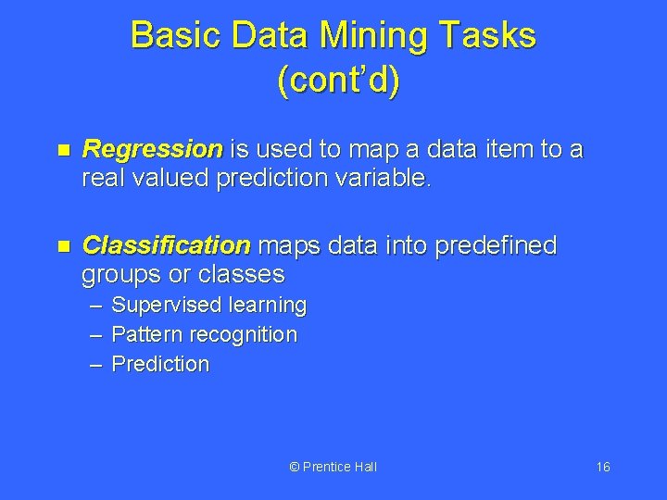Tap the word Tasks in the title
pos(490,35)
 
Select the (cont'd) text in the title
pos(338,81)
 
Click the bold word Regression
pos(152,149)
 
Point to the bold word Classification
pos(166,245)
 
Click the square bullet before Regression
pos(63,150)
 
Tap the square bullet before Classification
pos(63,246)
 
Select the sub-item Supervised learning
pos(208,305)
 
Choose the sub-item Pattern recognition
pos(204,334)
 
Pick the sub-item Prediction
pos(160,364)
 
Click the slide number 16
pos(602,467)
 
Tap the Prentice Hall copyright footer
pos(333,467)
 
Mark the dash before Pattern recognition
pos(95,334)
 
